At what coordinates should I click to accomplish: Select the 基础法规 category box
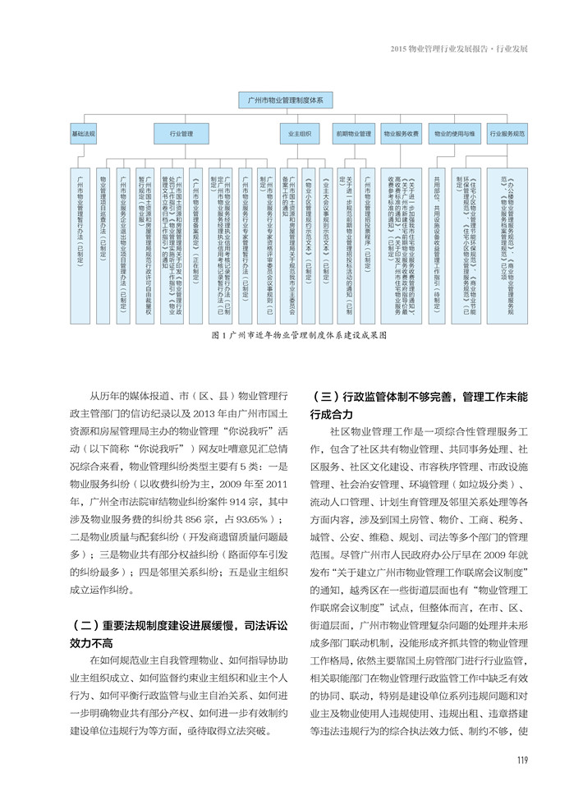[x=83, y=132]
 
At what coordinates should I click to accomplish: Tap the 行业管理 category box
[x=181, y=132]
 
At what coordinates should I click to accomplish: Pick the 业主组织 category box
[x=300, y=132]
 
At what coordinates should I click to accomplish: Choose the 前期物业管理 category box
[x=353, y=132]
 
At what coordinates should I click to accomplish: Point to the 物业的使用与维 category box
[x=455, y=132]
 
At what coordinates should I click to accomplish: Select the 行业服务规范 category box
[x=507, y=132]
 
